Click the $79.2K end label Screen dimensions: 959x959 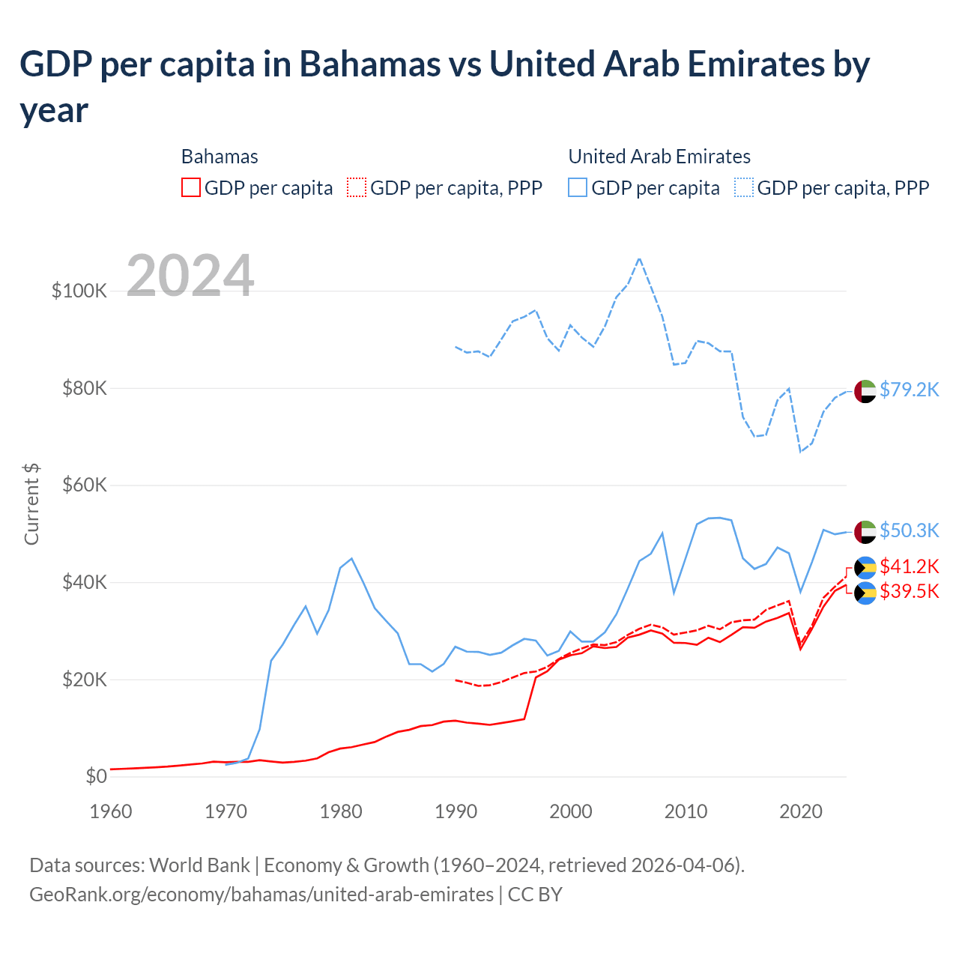click(909, 390)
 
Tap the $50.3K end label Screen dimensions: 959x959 click(909, 530)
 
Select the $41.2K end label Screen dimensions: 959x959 click(909, 566)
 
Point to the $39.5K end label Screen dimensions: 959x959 click(909, 591)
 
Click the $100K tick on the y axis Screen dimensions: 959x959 click(79, 291)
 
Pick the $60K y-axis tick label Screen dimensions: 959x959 click(83, 485)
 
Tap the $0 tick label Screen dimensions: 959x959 click(96, 776)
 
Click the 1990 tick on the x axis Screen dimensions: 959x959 click(456, 811)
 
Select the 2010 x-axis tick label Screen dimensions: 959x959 click(686, 811)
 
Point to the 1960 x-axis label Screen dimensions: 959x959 click(111, 811)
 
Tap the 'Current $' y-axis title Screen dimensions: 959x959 click(31, 503)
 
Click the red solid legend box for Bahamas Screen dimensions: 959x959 click(191, 187)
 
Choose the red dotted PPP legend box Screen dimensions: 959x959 click(357, 187)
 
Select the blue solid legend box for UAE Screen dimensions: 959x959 click(578, 187)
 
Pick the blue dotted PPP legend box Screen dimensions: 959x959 click(744, 187)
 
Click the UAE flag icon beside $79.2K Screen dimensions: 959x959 click(865, 391)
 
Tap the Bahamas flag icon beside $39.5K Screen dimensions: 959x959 click(865, 593)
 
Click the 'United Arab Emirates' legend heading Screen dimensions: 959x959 click(659, 157)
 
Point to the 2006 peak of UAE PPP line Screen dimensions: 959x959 click(639, 258)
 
